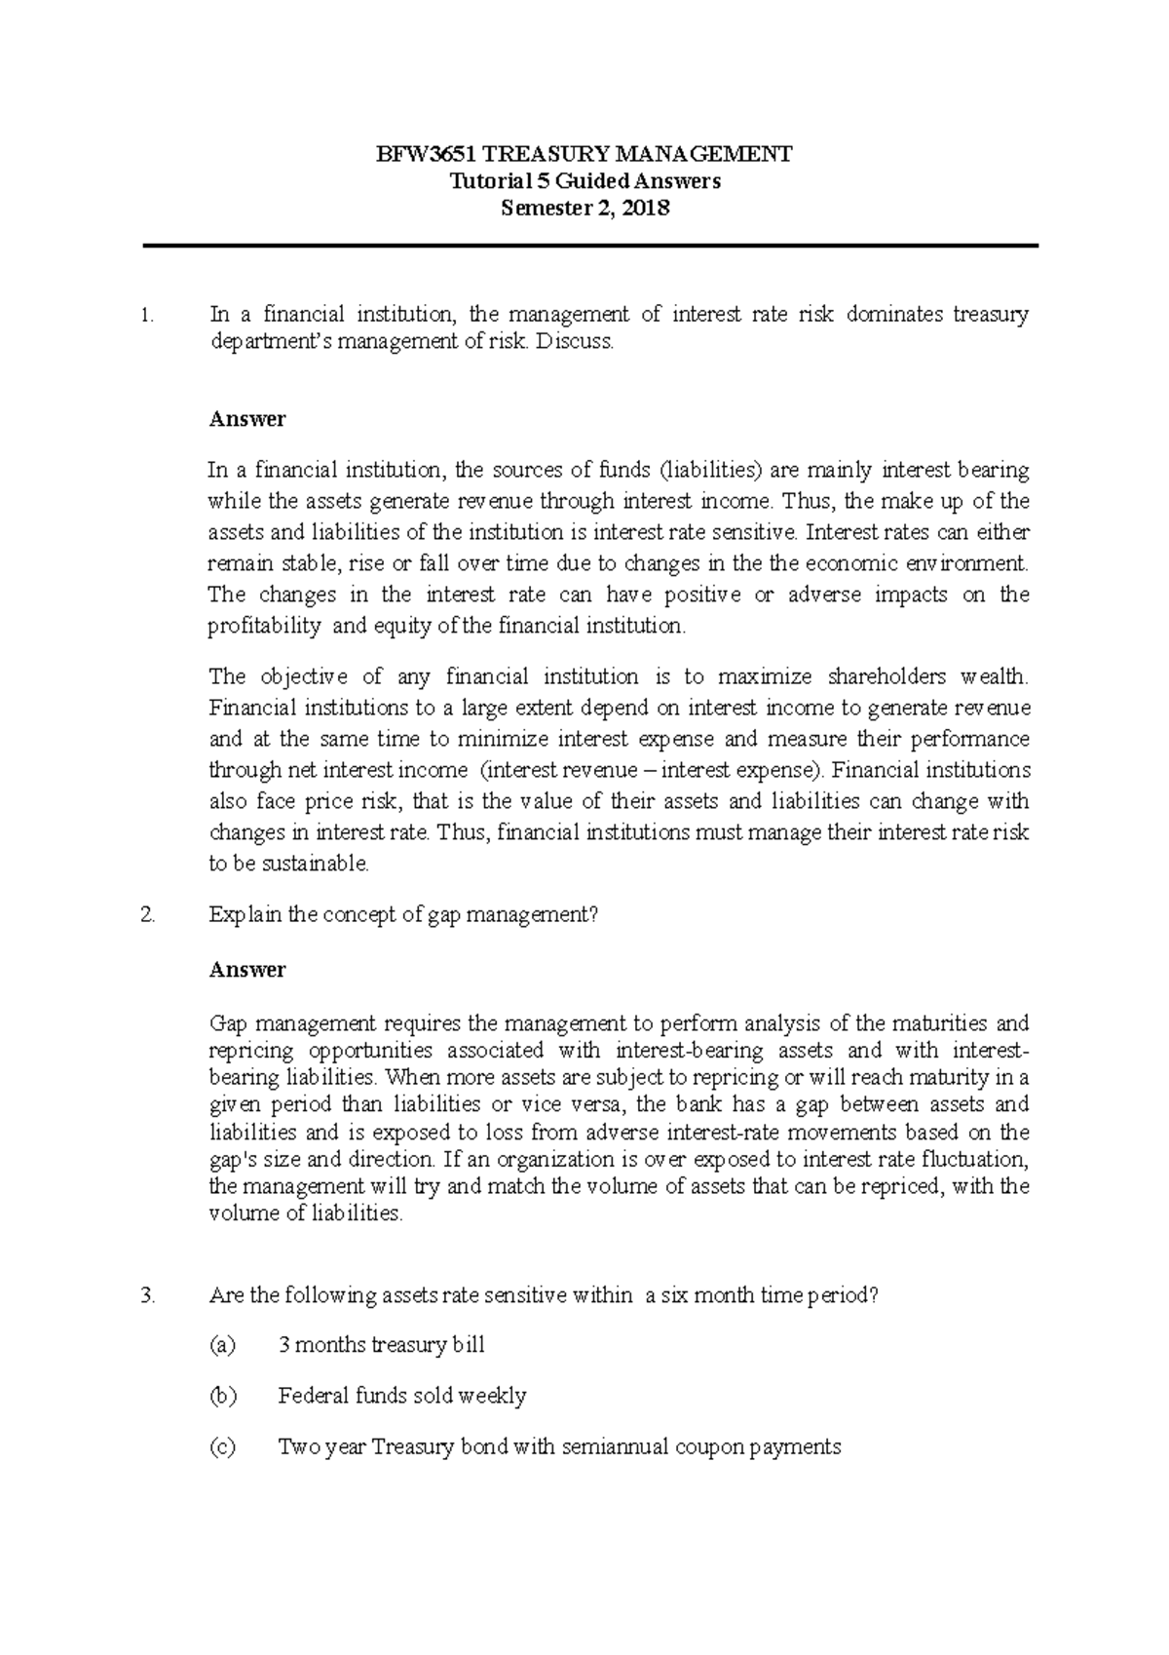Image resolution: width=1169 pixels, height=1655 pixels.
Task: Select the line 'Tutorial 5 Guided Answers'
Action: point(584,181)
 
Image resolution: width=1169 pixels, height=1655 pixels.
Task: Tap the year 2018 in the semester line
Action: point(646,208)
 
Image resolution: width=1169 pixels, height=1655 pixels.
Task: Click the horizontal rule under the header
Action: point(590,247)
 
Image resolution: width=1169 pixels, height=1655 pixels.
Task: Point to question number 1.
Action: point(147,315)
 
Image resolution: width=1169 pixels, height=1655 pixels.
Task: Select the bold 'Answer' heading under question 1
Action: point(247,419)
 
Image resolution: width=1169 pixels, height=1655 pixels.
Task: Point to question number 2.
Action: point(147,915)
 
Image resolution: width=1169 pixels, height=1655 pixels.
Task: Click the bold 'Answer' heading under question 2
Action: point(247,970)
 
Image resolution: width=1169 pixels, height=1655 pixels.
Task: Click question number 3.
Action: point(147,1296)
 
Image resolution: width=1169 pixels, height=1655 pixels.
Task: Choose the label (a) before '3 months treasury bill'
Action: point(223,1346)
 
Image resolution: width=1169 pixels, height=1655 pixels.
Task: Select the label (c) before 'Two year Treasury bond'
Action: point(223,1447)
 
